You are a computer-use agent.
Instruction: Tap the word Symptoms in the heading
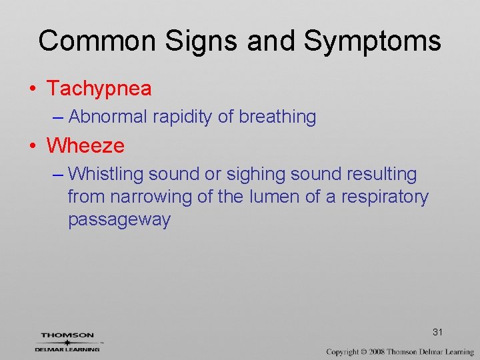tap(372, 41)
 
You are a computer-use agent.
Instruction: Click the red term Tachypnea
tap(99, 88)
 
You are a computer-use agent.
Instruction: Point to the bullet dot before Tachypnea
tap(33, 89)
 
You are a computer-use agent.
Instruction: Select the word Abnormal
tap(107, 117)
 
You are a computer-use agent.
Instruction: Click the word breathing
tap(277, 117)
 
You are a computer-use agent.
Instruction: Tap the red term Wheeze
tap(85, 145)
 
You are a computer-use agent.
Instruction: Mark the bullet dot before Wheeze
tap(33, 145)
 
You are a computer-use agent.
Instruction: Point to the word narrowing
tap(145, 197)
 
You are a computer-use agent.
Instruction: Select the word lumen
tap(271, 197)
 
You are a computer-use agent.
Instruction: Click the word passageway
tap(119, 220)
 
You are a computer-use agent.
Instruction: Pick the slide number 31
tap(438, 332)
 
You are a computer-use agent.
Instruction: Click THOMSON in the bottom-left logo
tap(67, 335)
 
